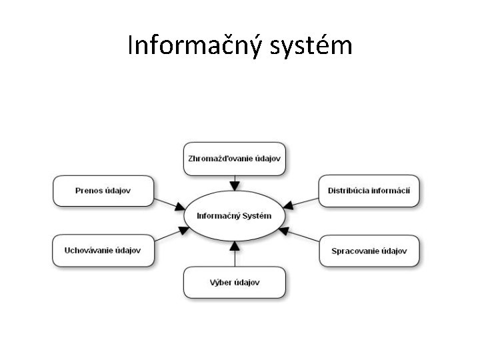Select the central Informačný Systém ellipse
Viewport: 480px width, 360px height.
[234, 216]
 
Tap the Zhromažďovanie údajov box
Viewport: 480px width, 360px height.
[234, 159]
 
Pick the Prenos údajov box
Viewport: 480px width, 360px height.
[103, 191]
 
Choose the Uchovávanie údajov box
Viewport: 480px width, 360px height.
[103, 250]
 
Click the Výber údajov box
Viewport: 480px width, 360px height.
[234, 282]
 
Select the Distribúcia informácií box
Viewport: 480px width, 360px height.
[369, 191]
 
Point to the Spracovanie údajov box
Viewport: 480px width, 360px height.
[369, 251]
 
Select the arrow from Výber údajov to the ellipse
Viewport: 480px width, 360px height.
[233, 254]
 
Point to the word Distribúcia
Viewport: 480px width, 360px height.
[347, 191]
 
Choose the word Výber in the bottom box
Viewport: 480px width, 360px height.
[219, 282]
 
